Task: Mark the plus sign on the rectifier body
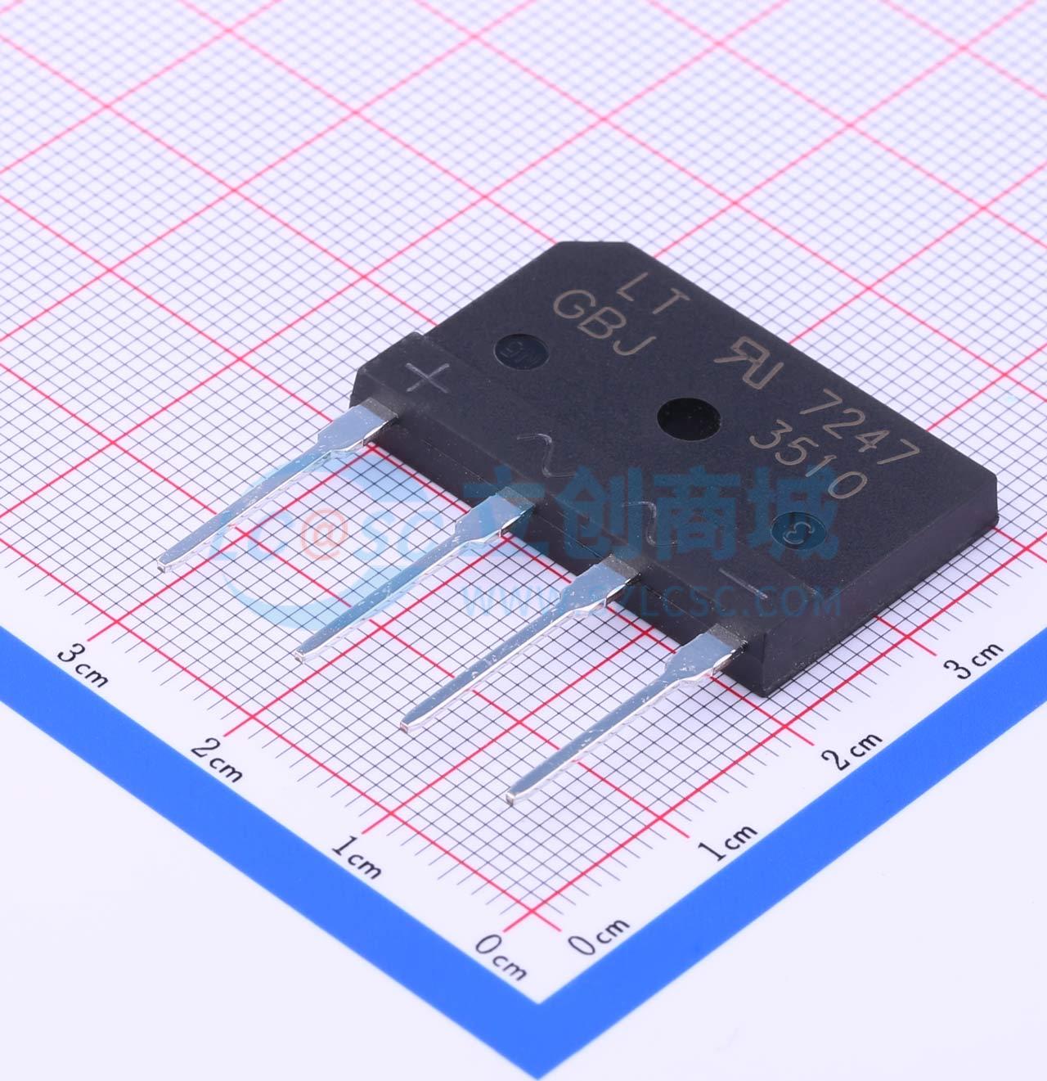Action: [427, 377]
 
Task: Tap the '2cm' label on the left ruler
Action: [216, 759]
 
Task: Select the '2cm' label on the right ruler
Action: [852, 751]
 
